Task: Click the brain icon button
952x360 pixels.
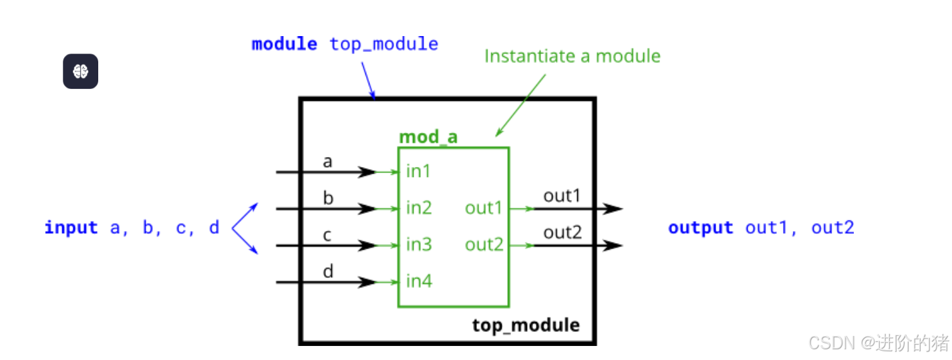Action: tap(80, 71)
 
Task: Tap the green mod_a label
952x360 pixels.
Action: tap(428, 138)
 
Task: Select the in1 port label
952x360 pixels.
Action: tap(418, 172)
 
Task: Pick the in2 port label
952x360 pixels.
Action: tap(419, 208)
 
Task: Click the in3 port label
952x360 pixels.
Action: tap(419, 245)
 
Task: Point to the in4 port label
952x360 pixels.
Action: tap(419, 282)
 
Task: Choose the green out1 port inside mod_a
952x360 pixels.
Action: tap(484, 208)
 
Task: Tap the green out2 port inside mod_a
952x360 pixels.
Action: tap(484, 245)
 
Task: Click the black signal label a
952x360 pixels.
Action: tap(327, 162)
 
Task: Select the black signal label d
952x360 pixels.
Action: tap(328, 272)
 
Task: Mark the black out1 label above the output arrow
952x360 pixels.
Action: tap(563, 196)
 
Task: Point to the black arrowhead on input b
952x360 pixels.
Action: tap(367, 209)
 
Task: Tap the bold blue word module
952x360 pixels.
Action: tap(284, 45)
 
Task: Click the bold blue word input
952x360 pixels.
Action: tap(71, 228)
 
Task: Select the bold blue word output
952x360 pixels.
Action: tap(700, 228)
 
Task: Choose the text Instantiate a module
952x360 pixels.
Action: tap(572, 56)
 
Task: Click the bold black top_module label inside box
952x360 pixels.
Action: tap(526, 325)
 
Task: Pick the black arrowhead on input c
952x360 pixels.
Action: tap(367, 246)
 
